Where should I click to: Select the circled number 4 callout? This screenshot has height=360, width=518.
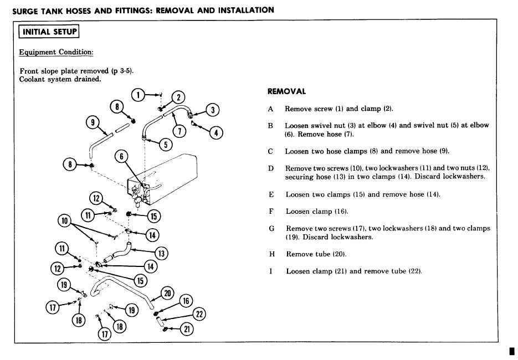pos(217,133)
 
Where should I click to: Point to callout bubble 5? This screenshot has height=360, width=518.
pos(165,145)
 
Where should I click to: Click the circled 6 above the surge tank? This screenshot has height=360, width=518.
pos(122,157)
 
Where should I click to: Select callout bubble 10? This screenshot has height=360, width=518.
pos(65,220)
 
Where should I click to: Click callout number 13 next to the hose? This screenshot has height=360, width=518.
pos(162,253)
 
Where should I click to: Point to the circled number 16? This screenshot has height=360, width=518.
pos(186,300)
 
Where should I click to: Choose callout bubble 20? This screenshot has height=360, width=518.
pos(167,293)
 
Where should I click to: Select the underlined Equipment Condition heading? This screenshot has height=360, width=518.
pos(56,52)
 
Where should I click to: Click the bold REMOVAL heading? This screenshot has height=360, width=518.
pos(286,91)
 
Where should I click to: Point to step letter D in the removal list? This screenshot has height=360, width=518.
pos(271,168)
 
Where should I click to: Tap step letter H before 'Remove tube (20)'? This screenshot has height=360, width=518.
pos(271,254)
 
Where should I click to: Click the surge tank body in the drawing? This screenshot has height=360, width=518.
pos(172,172)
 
